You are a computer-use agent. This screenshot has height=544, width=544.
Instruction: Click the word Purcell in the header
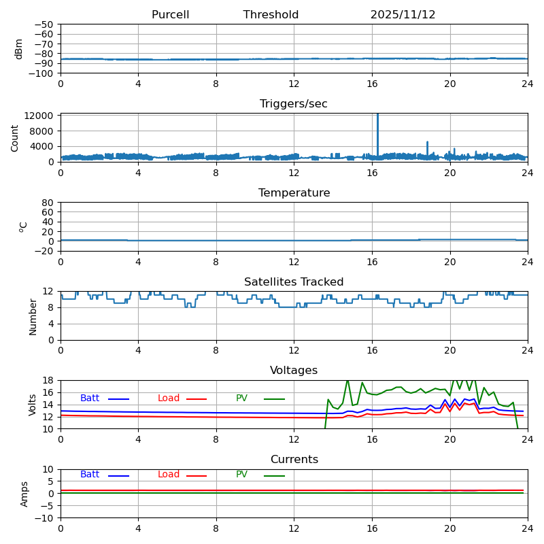170,15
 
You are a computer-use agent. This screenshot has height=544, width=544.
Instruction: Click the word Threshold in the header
271,15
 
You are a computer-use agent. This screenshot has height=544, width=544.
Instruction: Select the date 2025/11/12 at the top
403,15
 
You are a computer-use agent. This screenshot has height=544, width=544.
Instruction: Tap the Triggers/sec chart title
294,104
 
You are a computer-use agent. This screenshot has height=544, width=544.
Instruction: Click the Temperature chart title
294,193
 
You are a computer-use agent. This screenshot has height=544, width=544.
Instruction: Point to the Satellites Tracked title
294,282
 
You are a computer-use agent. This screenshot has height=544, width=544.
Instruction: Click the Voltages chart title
294,371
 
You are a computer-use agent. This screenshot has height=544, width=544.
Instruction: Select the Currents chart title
294,460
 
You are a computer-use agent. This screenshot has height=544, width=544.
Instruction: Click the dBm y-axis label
19,48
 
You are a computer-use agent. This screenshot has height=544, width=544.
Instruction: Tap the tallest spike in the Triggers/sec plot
377,117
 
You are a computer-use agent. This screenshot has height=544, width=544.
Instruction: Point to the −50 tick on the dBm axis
46,24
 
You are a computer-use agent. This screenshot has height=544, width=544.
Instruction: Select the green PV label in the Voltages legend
241,398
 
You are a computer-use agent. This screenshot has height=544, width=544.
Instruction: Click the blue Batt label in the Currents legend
89,475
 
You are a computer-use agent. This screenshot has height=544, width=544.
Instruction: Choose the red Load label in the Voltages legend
168,398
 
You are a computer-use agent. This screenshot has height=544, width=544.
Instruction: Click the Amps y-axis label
24,494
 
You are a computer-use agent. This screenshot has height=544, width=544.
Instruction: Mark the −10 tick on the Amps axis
46,518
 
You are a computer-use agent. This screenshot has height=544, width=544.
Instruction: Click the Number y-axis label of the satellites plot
33,316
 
